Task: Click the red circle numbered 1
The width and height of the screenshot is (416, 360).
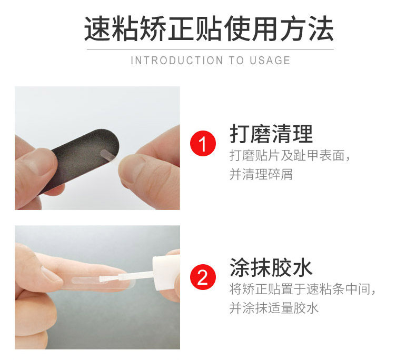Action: tap(203, 143)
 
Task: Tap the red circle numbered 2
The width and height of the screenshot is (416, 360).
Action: tap(203, 277)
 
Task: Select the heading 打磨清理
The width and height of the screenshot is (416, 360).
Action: tap(271, 134)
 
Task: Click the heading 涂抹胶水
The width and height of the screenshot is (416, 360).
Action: tap(271, 267)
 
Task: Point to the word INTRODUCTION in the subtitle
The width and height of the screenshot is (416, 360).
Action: tap(177, 61)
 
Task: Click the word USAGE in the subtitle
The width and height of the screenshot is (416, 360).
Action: tap(270, 61)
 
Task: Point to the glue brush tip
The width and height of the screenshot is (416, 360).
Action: tap(103, 278)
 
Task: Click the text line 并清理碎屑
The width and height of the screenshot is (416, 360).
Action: tap(261, 174)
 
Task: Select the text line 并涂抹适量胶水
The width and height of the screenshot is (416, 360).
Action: tap(274, 308)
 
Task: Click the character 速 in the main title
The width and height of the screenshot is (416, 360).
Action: tap(97, 28)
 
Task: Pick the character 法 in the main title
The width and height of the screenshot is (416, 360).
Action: tap(321, 28)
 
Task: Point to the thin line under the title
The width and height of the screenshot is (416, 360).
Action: tap(210, 49)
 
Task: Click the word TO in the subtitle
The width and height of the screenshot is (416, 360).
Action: tap(236, 61)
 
